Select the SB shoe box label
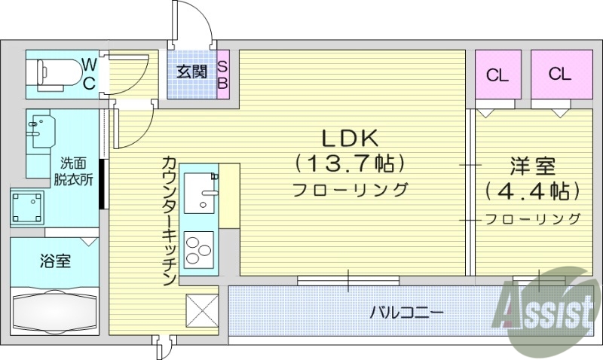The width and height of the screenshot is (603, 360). (222, 74)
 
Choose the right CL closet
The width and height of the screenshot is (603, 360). (559, 74)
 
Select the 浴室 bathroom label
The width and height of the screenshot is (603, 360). (56, 261)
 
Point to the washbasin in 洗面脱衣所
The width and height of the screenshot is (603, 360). (39, 131)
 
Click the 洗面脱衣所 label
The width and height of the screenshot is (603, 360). (73, 171)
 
